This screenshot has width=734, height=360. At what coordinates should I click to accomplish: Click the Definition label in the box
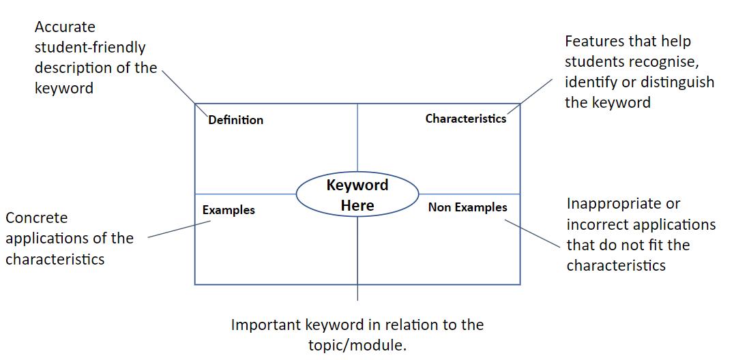(235, 120)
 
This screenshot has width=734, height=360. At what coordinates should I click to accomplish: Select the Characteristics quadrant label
(465, 119)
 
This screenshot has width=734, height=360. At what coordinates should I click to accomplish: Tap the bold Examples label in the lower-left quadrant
(229, 210)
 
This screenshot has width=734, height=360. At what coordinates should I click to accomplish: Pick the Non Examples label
(467, 207)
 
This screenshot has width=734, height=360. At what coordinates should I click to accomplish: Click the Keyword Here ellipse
(357, 195)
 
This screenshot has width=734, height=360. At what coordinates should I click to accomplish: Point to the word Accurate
(65, 27)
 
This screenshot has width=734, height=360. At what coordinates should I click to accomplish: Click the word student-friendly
(90, 48)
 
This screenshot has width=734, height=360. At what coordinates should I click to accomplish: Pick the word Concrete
(37, 218)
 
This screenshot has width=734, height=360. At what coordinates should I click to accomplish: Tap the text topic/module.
(357, 345)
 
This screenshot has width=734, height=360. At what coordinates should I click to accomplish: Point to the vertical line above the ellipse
(357, 140)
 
